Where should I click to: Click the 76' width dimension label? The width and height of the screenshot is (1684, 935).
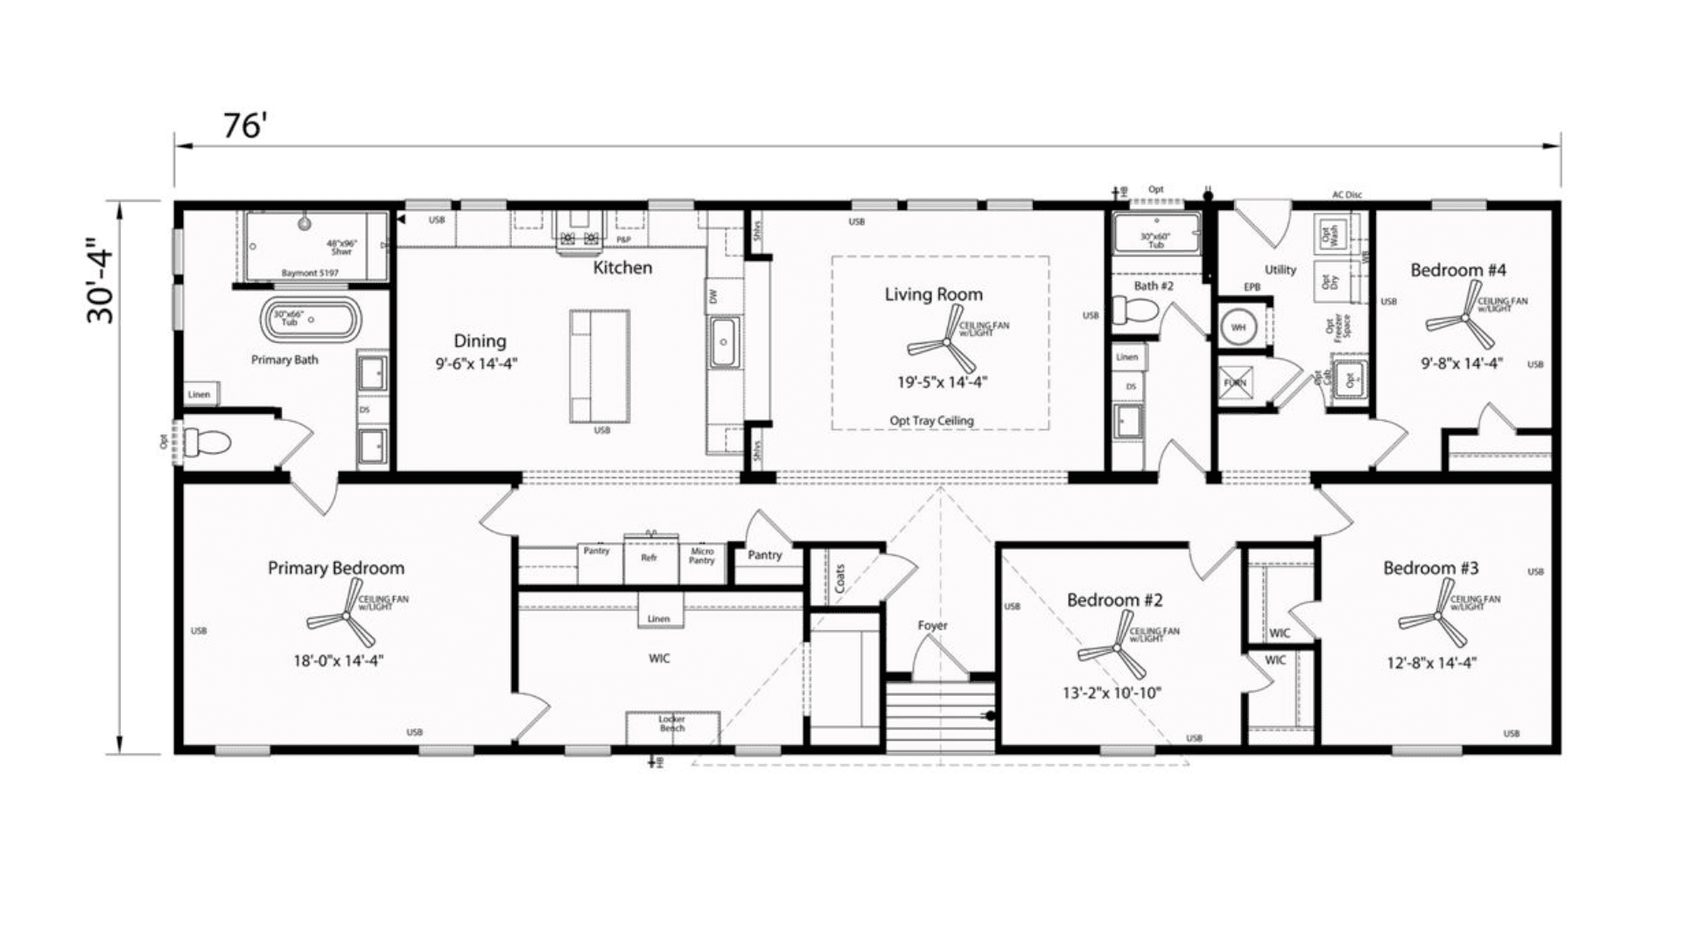(243, 126)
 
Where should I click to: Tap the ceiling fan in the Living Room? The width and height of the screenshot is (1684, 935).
(944, 345)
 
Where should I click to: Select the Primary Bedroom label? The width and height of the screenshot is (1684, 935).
(336, 568)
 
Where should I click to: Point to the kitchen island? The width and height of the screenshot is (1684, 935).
(600, 366)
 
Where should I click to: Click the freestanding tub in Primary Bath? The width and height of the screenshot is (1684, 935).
(312, 320)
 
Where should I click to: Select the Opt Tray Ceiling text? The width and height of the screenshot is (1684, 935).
(931, 421)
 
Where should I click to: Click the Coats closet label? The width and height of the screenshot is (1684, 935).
(839, 578)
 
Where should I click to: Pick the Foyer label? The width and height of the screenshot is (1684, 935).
(932, 625)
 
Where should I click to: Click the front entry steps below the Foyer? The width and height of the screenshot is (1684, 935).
(940, 716)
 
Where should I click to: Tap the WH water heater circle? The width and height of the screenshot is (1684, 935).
(1238, 327)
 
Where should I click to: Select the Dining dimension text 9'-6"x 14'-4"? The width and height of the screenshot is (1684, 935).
(477, 363)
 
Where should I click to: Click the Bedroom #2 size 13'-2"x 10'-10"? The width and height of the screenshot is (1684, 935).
(1112, 693)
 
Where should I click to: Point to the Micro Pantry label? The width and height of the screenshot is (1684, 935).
(702, 555)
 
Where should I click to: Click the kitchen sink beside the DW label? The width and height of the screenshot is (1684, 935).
(725, 342)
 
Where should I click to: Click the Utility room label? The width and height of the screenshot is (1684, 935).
(1280, 270)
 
